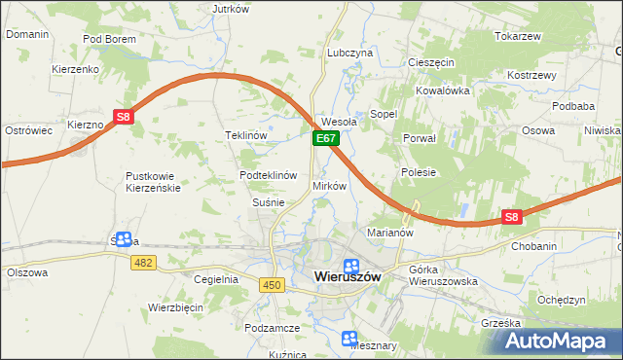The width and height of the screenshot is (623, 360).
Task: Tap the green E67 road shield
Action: point(325,140)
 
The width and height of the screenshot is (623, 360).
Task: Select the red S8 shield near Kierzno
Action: point(123,118)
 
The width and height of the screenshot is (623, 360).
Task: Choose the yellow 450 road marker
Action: point(272,283)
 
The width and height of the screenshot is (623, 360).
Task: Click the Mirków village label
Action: point(329,185)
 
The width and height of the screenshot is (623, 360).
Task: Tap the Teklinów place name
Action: point(245,135)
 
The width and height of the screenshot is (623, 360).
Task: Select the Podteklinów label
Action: point(268,175)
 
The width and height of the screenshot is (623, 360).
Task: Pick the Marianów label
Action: point(390,233)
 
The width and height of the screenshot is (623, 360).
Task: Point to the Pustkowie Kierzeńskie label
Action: point(154,182)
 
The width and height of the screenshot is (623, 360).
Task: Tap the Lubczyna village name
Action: point(350,53)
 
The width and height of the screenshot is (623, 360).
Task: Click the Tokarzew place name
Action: point(517,36)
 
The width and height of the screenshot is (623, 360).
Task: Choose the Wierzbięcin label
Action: point(175,306)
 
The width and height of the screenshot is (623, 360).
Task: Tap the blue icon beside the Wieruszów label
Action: point(350,265)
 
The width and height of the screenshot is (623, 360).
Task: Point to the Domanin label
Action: point(27,33)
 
